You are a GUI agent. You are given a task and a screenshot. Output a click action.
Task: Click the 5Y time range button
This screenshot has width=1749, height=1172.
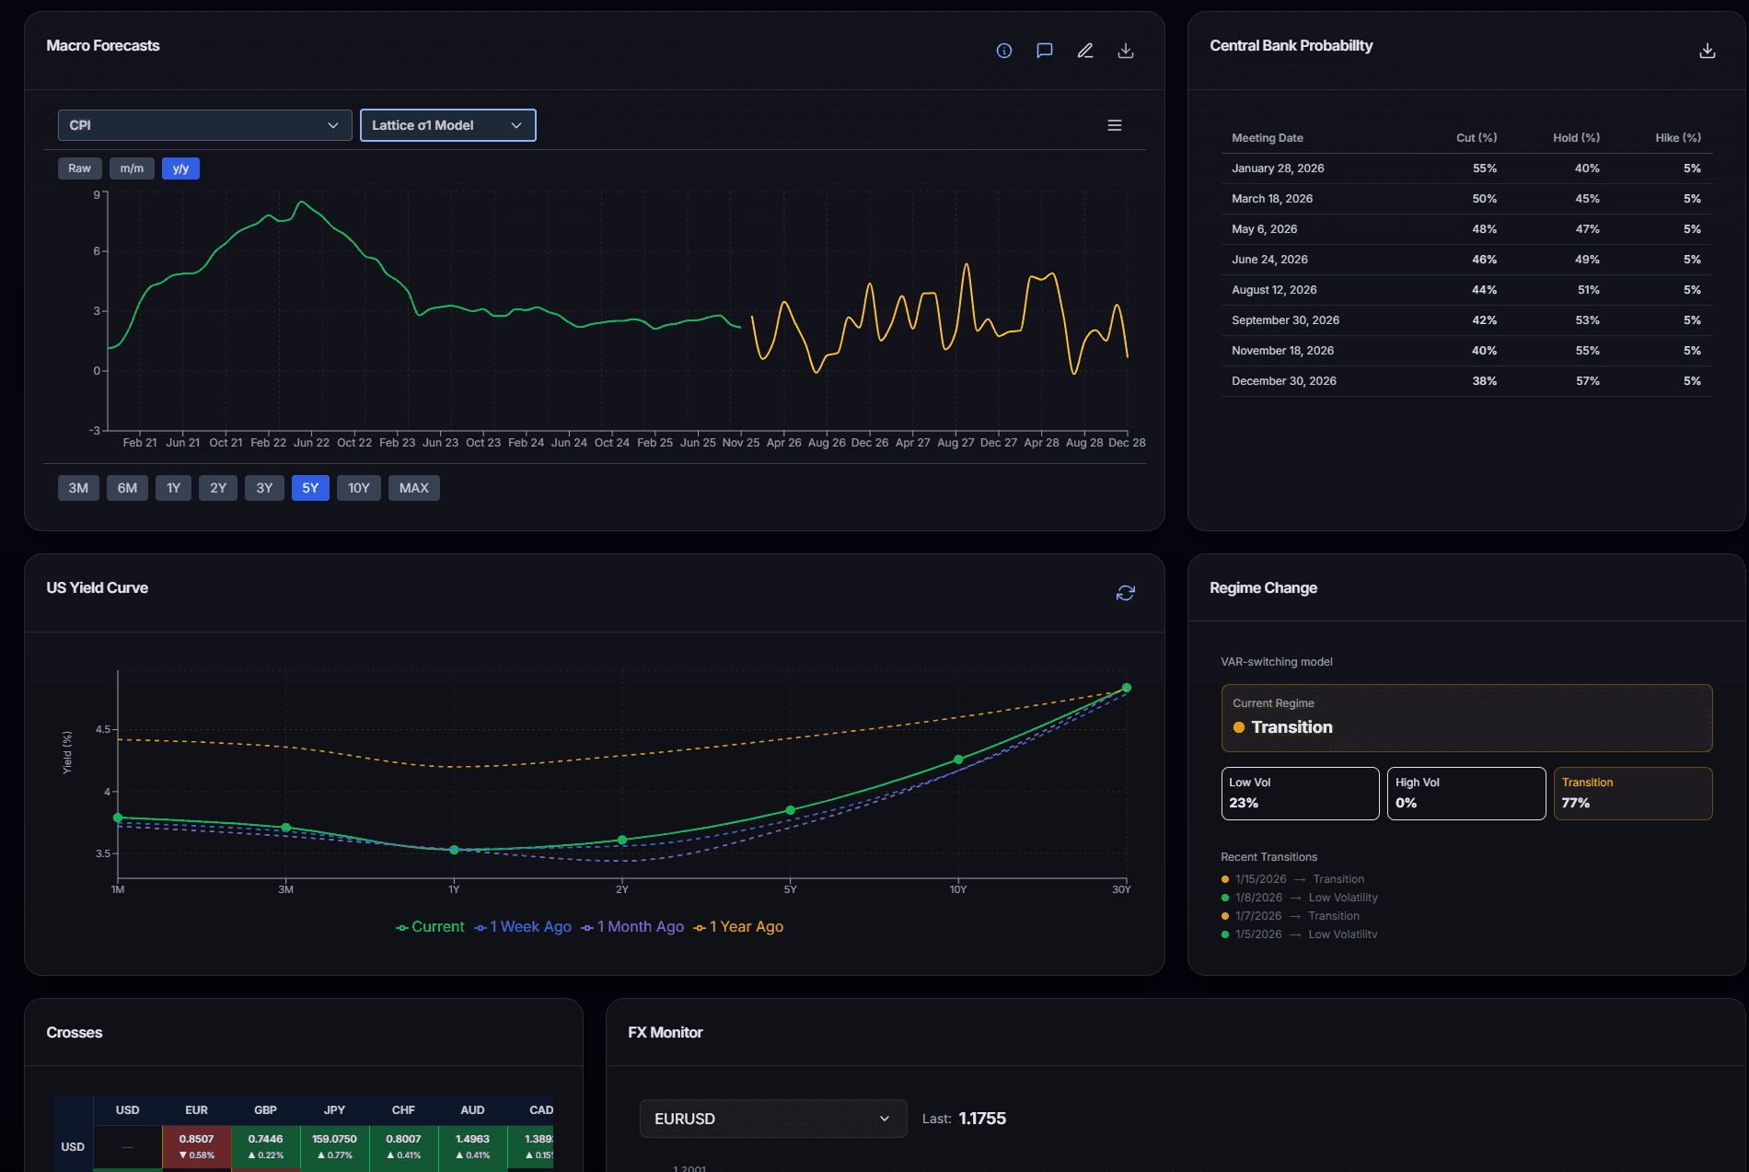(x=310, y=488)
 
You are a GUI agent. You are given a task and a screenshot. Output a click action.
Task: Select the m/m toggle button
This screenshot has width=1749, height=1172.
(x=132, y=168)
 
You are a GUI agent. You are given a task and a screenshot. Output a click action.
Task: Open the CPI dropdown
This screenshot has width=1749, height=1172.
(x=204, y=125)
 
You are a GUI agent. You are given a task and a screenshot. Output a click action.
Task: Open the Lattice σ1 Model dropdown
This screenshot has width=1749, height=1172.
(x=447, y=125)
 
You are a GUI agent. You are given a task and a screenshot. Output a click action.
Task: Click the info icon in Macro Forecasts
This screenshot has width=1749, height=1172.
(x=1004, y=51)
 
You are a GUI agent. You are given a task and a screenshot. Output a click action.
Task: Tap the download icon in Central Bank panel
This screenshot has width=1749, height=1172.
(x=1707, y=51)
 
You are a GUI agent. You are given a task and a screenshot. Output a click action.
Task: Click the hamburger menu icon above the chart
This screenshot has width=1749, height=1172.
(x=1114, y=125)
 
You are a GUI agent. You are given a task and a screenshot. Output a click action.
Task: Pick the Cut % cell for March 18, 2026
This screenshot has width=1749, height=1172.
(x=1484, y=199)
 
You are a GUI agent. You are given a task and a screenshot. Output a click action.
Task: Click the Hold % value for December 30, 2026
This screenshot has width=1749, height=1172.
(x=1587, y=381)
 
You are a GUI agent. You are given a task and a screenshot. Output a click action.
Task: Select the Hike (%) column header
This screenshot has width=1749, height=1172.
(x=1677, y=138)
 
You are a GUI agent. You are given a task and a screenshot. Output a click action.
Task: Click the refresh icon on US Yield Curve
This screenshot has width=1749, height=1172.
(x=1125, y=593)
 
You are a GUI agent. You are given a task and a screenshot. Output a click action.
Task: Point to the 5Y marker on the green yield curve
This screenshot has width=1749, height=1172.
(x=790, y=810)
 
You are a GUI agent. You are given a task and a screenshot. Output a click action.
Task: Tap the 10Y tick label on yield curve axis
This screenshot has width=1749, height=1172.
(x=958, y=889)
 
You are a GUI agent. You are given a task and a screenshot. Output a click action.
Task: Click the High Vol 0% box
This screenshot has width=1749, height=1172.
(x=1465, y=793)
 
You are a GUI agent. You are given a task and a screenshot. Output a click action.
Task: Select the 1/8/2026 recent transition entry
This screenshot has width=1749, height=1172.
(x=1299, y=898)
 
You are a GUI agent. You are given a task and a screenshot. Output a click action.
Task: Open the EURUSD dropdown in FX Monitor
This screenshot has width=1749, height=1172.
(x=772, y=1119)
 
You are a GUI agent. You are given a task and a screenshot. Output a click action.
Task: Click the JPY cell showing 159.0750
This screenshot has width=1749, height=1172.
(x=334, y=1146)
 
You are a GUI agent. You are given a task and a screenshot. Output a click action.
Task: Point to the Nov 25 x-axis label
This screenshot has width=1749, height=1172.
(x=740, y=443)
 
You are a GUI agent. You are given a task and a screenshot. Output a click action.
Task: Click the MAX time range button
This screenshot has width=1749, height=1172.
(x=413, y=488)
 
